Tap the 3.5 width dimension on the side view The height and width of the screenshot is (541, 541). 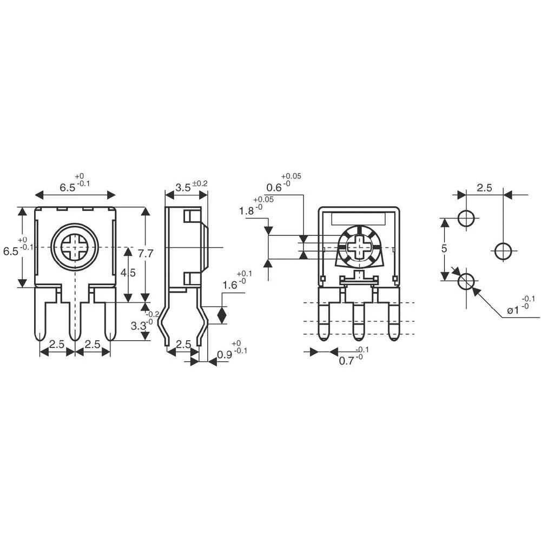click(x=183, y=188)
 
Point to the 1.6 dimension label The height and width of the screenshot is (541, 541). click(x=231, y=286)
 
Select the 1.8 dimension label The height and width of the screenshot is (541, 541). click(x=247, y=211)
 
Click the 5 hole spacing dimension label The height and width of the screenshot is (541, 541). click(x=444, y=249)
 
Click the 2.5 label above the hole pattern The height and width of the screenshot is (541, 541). click(x=484, y=188)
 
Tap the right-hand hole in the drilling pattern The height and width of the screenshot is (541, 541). click(x=503, y=250)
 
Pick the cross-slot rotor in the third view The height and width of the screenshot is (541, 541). click(x=358, y=248)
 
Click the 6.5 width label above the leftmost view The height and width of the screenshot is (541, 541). click(x=68, y=188)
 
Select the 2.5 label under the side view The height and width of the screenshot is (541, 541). click(x=184, y=344)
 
